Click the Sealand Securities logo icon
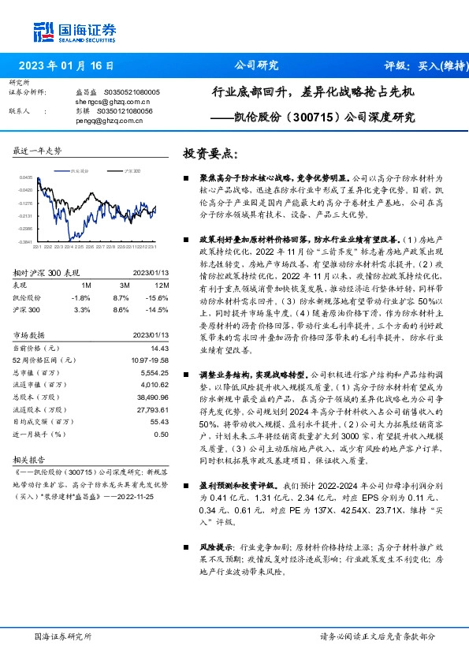pos(44,31)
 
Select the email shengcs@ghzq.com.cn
pos(113,102)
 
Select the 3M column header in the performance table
pos(125,285)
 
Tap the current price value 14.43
pos(160,348)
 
